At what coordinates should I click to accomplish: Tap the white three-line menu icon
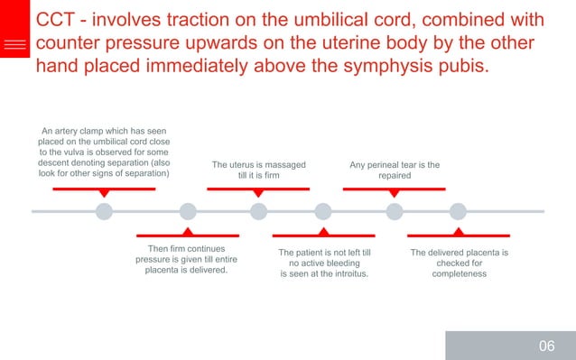pos(14,44)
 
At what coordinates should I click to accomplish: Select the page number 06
pos(546,346)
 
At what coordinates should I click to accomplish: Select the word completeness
pos(459,274)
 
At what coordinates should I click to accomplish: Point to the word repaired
pos(395,175)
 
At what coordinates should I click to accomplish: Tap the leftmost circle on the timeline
pos(104,212)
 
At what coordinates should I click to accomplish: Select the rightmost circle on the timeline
pos(459,212)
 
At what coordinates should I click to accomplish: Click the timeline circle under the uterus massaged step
pos(259,212)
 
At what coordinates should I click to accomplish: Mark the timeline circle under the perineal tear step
pos(395,212)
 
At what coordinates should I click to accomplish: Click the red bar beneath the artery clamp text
pos(104,189)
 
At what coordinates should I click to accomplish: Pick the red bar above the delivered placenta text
pos(459,235)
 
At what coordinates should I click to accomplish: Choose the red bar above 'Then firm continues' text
pos(187,235)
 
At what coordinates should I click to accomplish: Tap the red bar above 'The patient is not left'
pos(323,235)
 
